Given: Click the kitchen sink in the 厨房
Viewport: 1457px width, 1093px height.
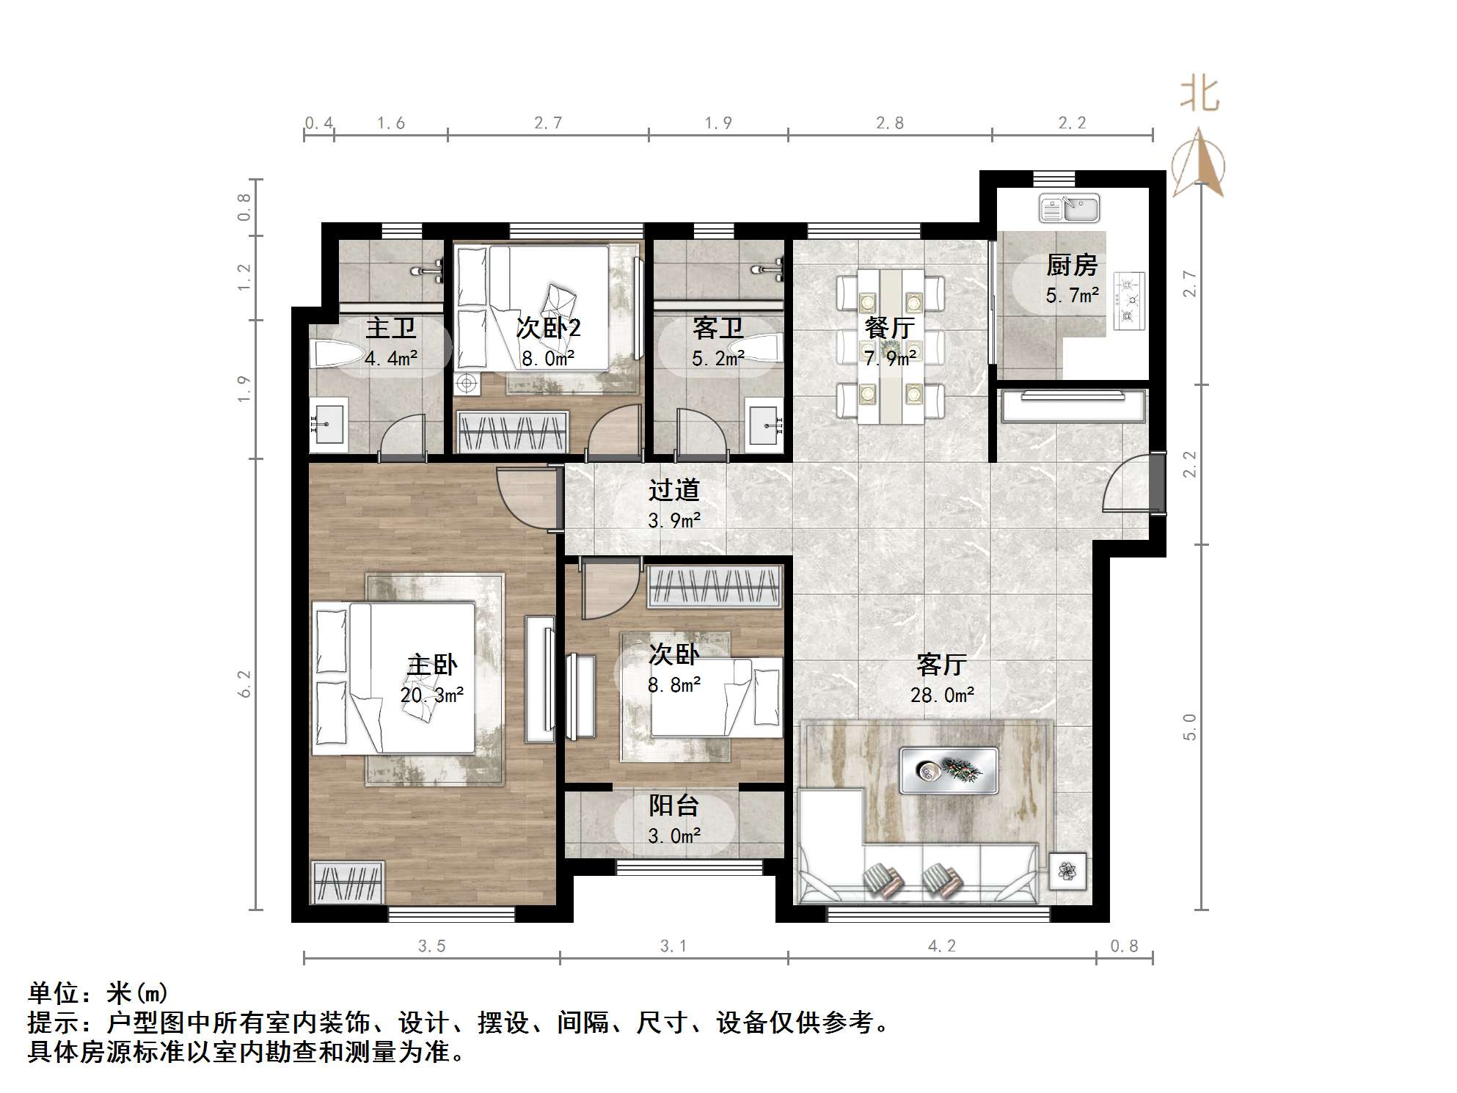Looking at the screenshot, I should tap(1069, 208).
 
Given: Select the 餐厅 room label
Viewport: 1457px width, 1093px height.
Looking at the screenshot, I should tap(889, 327).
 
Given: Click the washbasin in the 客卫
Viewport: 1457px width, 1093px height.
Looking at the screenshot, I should tap(766, 425).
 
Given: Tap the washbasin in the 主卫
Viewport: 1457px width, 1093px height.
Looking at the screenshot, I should tap(328, 423).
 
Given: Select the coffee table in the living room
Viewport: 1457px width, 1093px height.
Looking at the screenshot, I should tap(949, 770).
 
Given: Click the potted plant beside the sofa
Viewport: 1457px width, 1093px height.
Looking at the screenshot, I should tap(1067, 871).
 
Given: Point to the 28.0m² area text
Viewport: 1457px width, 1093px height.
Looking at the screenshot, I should tap(942, 695).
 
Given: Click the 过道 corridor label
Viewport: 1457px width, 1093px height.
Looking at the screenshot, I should tap(673, 489).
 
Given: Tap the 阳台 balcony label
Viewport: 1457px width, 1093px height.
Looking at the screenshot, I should tap(673, 805).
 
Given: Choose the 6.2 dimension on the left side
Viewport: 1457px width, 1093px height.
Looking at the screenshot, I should tap(244, 684).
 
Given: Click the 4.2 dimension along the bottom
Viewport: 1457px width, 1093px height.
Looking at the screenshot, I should tap(942, 946).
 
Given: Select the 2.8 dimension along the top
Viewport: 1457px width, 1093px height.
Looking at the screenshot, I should tap(889, 123).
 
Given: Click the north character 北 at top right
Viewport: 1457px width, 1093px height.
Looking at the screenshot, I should tap(1200, 95).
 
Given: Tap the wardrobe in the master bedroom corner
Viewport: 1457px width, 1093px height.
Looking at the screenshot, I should tap(349, 882).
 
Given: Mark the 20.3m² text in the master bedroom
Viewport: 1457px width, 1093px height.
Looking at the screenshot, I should tap(431, 695).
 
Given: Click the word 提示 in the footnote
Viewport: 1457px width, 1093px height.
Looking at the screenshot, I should tap(54, 1022).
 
